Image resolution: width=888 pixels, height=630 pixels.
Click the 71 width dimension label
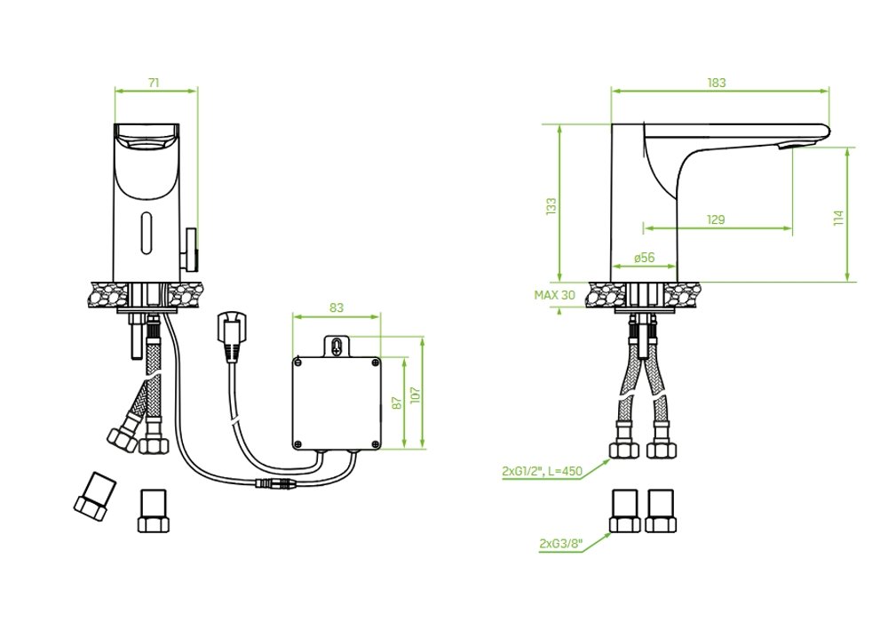[x=154, y=82]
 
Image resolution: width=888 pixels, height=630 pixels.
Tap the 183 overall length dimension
[x=717, y=83]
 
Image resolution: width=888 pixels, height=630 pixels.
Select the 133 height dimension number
[x=551, y=205]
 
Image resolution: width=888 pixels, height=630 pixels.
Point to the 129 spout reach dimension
[x=716, y=219]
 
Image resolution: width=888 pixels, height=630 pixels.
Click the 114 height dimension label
[x=839, y=218]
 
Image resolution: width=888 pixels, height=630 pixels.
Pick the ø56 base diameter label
[x=645, y=257]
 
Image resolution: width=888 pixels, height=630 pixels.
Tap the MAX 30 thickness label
[x=554, y=295]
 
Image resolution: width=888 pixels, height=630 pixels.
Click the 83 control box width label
[x=337, y=307]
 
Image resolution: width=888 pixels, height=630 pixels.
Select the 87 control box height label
[x=397, y=403]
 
